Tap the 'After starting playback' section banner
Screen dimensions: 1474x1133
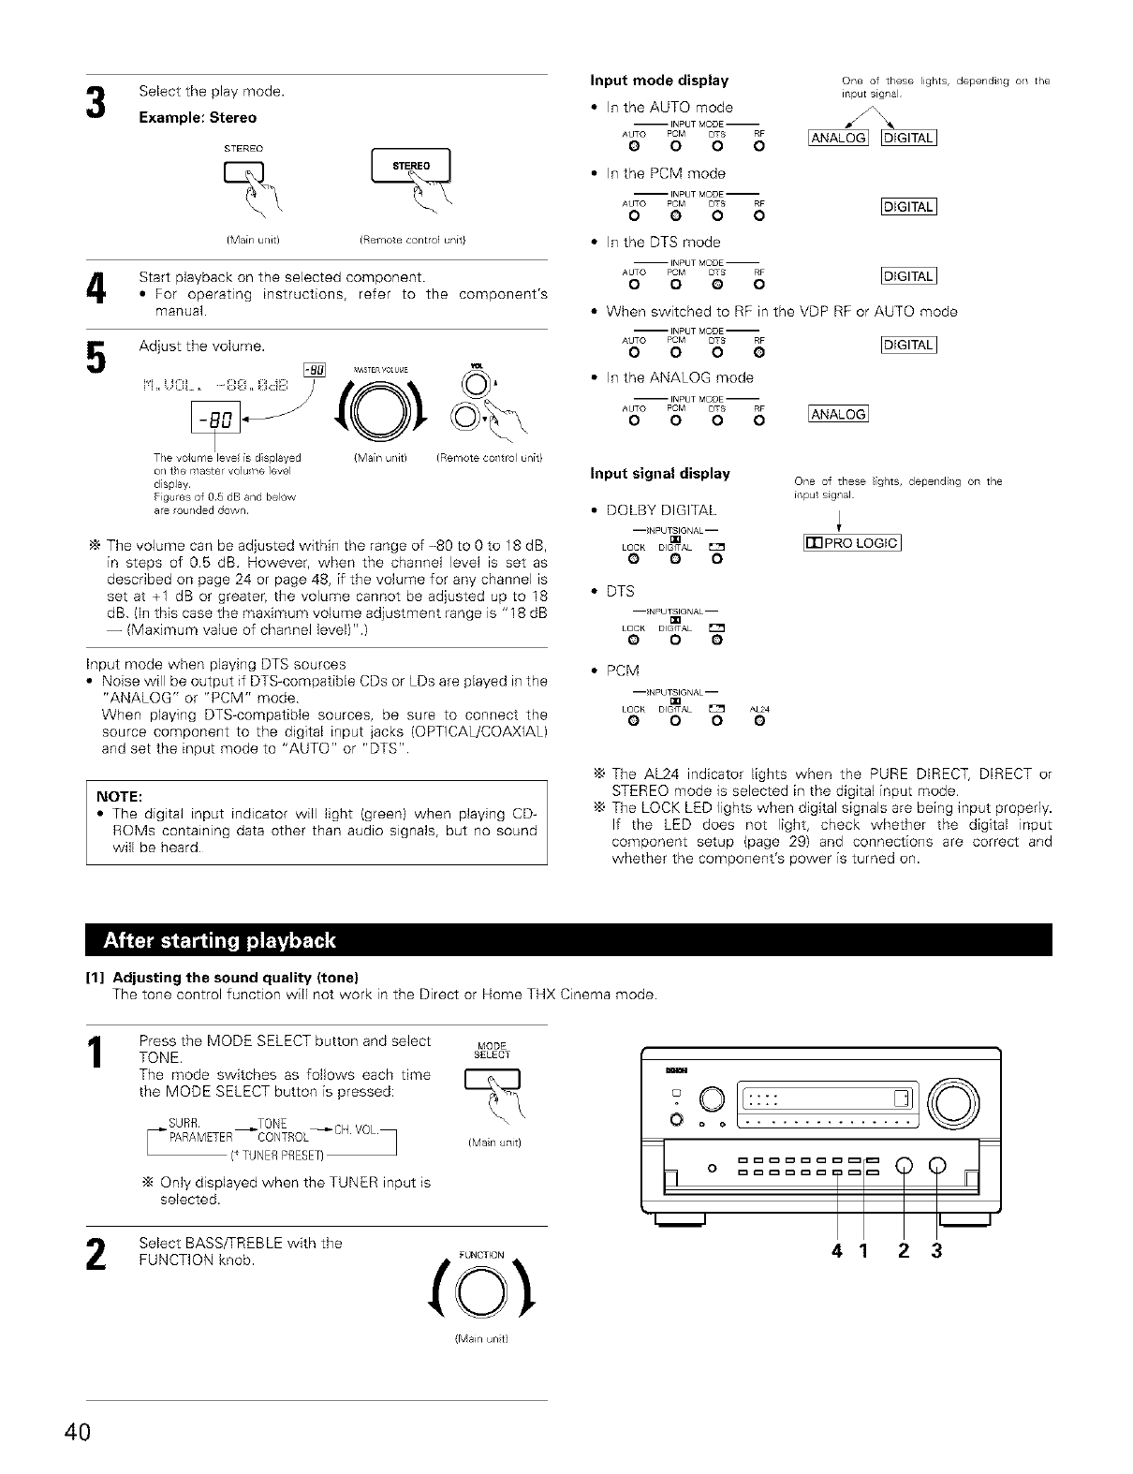[220, 939]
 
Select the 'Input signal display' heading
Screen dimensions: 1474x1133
[660, 473]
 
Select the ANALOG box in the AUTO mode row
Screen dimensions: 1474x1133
[839, 140]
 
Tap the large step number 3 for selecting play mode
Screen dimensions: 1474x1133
[95, 104]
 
